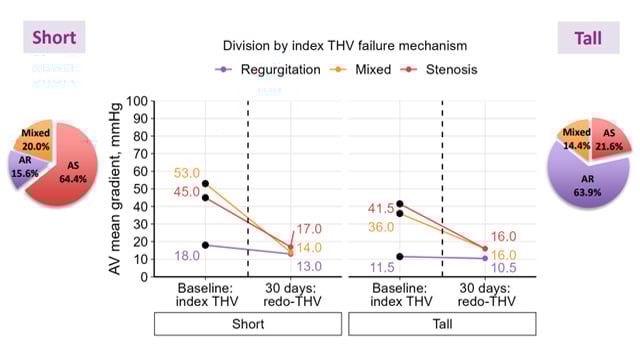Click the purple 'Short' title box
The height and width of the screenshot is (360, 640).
(54, 38)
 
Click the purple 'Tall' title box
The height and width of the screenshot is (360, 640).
(588, 38)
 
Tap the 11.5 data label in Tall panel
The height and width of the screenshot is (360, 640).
(383, 269)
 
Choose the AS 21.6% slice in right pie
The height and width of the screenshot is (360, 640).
(608, 139)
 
